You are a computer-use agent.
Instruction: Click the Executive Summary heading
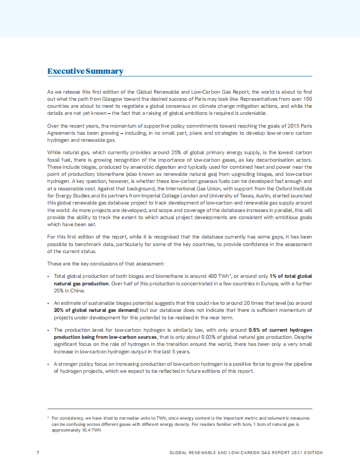pyautogui.click(x=85, y=71)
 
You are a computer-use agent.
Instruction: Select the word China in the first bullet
pyautogui.click(x=77, y=290)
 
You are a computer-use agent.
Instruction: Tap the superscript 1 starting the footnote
pyautogui.click(x=48, y=417)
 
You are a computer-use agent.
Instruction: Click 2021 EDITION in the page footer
pyautogui.click(x=307, y=453)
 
